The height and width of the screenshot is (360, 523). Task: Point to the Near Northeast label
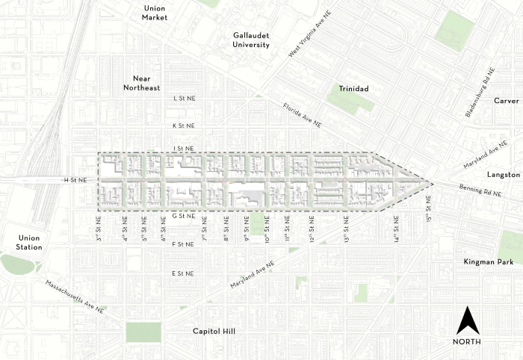pyautogui.click(x=146, y=83)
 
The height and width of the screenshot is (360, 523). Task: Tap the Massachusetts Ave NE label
pyautogui.click(x=78, y=297)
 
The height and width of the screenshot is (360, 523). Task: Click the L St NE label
pyautogui.click(x=184, y=98)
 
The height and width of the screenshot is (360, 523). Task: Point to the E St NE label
pyautogui.click(x=184, y=274)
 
